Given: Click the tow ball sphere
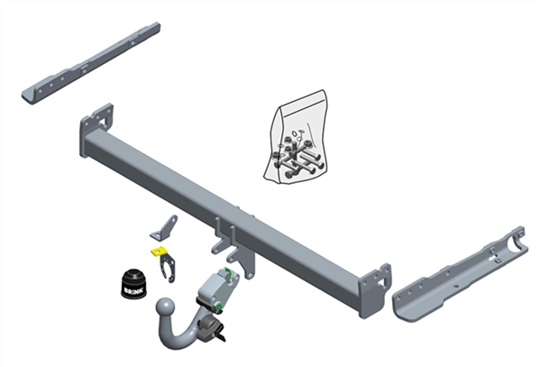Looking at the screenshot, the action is pos(165,307).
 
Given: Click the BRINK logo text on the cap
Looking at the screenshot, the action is pos(133,291).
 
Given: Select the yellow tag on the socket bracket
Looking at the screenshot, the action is pos(159,251).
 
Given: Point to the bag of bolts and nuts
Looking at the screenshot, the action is pos(296,137).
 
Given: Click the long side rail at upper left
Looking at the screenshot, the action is pos(91,63).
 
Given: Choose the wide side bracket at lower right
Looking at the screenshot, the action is pos(460,275).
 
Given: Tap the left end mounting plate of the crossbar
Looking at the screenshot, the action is pos(96,128).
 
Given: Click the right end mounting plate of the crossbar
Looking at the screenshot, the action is pos(375,290).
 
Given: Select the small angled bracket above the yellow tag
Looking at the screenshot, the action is pos(164,228).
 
